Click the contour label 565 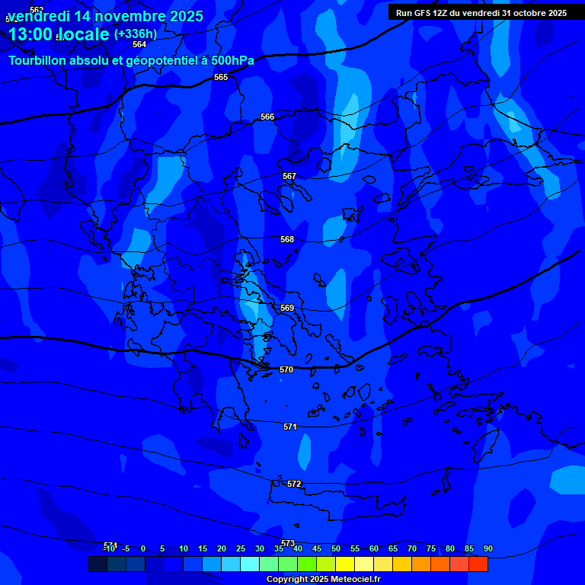(x=221, y=77)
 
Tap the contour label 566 (x=267, y=117)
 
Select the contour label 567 (x=289, y=176)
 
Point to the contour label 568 (x=287, y=239)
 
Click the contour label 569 (x=287, y=308)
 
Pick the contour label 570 (x=286, y=369)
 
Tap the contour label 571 (x=290, y=427)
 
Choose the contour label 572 (x=295, y=484)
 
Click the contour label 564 (x=139, y=45)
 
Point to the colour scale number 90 (x=488, y=548)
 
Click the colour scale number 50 (x=336, y=548)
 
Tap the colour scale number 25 (x=241, y=548)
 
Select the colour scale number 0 (x=143, y=548)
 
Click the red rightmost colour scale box (x=478, y=564)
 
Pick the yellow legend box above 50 (x=345, y=564)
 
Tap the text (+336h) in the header (x=136, y=34)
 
